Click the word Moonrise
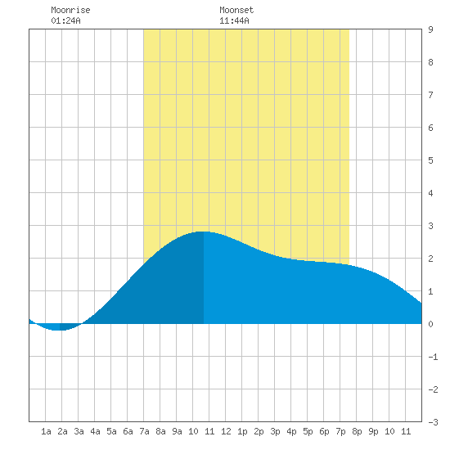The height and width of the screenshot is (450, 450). tap(70, 10)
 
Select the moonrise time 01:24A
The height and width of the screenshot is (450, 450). tap(65, 20)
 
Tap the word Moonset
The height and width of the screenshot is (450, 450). tap(236, 10)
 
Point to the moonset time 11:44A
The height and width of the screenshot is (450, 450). tap(234, 20)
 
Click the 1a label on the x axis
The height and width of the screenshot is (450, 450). tap(46, 431)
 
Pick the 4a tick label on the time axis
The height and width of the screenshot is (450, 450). tap(95, 431)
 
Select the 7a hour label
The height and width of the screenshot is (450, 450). tap(144, 431)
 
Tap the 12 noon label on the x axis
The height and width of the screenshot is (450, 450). tap(226, 431)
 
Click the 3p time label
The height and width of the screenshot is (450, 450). tap(275, 431)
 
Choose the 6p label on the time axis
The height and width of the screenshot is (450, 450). tap(324, 431)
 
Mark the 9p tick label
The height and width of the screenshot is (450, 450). tap(373, 431)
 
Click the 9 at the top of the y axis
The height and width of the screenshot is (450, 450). tap(430, 29)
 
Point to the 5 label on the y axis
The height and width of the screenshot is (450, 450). tap(430, 160)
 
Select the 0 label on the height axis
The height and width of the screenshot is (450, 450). tap(430, 324)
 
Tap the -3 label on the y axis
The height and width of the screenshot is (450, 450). tap(433, 422)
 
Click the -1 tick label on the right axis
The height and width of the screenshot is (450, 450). tap(433, 357)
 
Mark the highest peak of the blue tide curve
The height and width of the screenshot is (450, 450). tap(203, 232)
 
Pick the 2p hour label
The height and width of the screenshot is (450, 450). tap(259, 431)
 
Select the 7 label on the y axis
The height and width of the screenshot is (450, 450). tap(430, 95)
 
